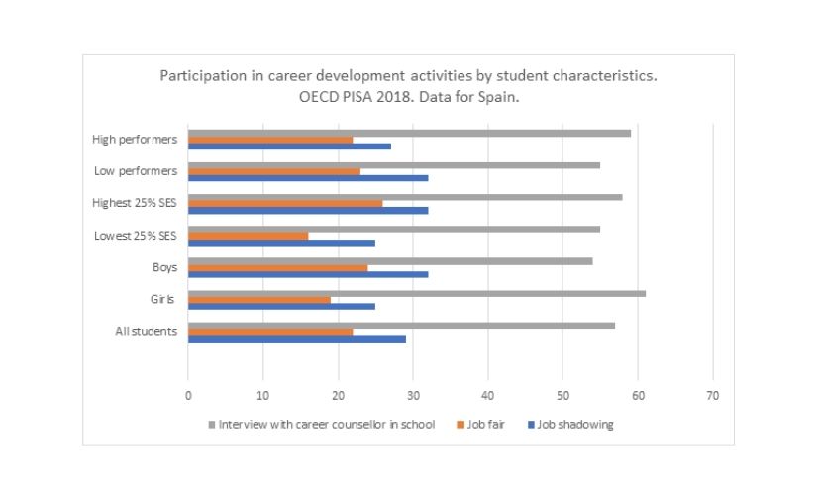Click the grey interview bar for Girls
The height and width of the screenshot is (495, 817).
pos(416,293)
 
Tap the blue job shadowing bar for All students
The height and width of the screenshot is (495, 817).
pos(296,338)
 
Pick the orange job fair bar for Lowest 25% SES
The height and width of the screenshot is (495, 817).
pos(248,236)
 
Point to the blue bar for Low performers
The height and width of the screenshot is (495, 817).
pos(308,178)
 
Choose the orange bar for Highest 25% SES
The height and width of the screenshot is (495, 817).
pos(285,203)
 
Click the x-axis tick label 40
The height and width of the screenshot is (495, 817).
pos(487,395)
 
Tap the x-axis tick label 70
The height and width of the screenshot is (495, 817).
pos(712,395)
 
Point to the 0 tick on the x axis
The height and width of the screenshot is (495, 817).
pos(188,395)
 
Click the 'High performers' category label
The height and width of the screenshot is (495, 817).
pos(135,140)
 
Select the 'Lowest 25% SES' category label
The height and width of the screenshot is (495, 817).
pos(136,236)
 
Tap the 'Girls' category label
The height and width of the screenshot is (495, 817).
pos(163,299)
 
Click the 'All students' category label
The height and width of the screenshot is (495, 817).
pos(147,331)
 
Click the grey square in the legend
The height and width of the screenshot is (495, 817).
pos(212,424)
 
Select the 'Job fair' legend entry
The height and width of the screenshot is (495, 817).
pos(485,424)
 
